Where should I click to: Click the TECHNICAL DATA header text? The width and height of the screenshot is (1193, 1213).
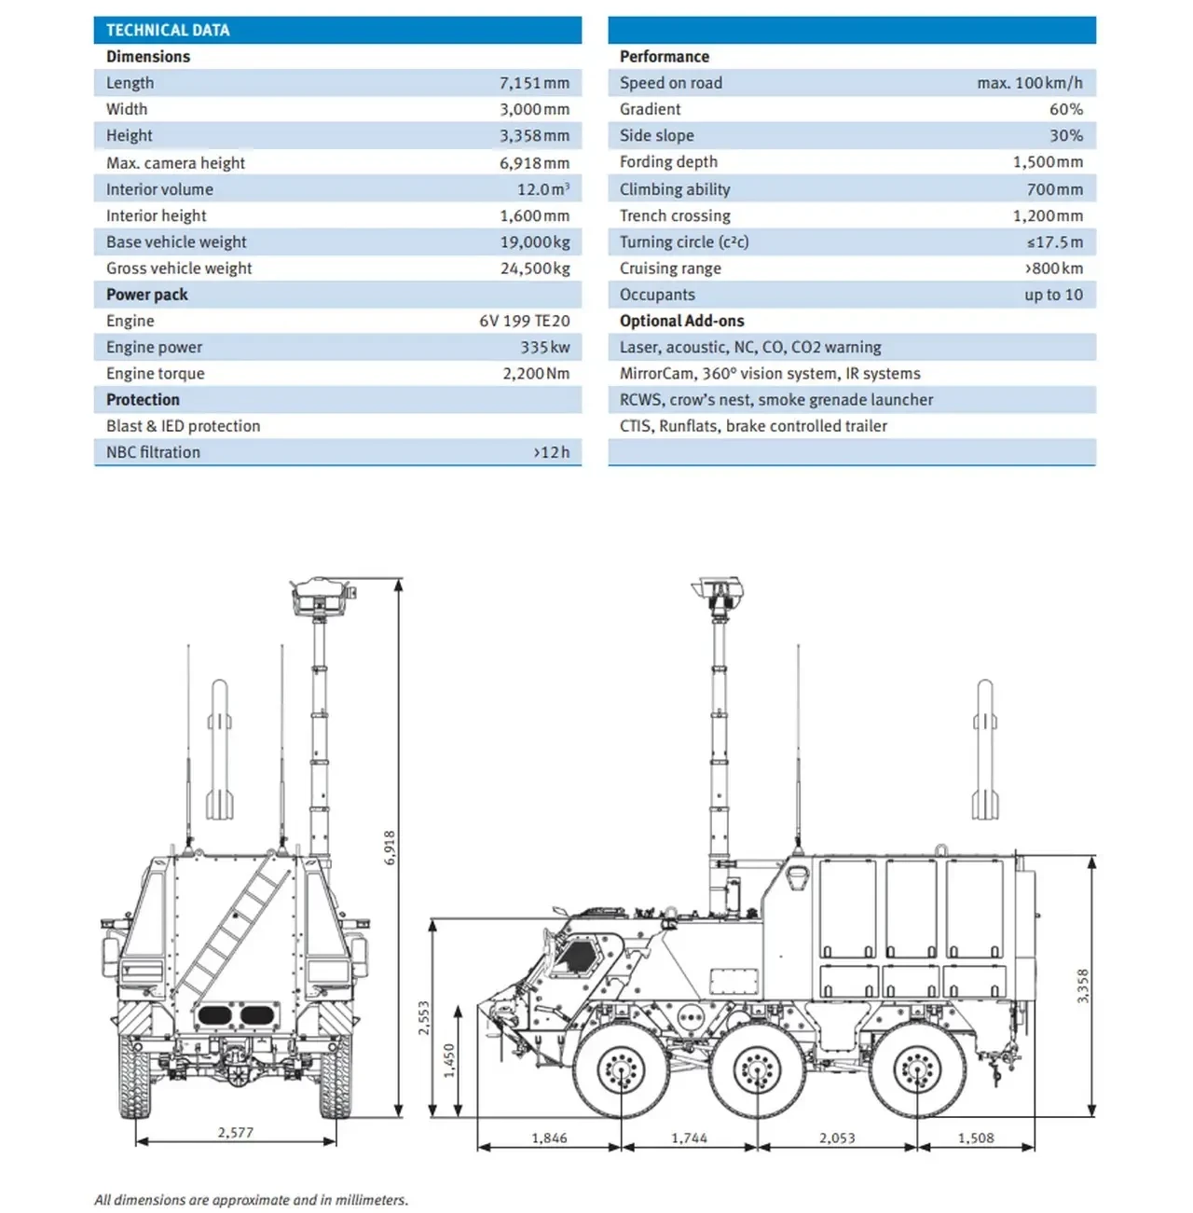click(x=168, y=30)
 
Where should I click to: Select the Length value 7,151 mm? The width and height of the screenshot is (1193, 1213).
click(x=534, y=83)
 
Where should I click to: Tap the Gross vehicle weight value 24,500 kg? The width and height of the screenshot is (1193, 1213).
click(x=534, y=269)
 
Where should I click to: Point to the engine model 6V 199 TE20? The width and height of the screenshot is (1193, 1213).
click(x=524, y=321)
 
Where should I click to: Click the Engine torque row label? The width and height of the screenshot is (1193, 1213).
click(x=155, y=374)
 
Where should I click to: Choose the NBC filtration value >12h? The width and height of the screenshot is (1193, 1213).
click(x=551, y=452)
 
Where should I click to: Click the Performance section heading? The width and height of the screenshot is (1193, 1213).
click(x=664, y=57)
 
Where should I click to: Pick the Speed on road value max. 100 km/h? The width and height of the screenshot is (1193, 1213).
click(x=1029, y=83)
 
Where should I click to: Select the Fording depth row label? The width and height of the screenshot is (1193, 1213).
click(x=668, y=162)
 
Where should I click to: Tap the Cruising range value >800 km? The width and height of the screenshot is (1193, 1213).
click(x=1053, y=269)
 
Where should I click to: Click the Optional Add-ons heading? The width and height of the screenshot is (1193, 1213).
click(x=681, y=321)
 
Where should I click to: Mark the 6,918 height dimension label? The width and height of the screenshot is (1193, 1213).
click(x=391, y=847)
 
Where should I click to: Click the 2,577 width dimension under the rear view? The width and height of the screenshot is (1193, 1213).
click(x=236, y=1133)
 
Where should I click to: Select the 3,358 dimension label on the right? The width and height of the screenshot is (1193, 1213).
click(x=1083, y=986)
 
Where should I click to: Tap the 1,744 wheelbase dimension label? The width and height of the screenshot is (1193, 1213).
click(x=689, y=1138)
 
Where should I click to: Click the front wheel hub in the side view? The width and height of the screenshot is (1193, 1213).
click(x=620, y=1069)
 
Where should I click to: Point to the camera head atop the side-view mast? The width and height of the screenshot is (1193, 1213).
click(x=717, y=589)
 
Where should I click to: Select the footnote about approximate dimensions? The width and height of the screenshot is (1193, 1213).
click(x=251, y=1200)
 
